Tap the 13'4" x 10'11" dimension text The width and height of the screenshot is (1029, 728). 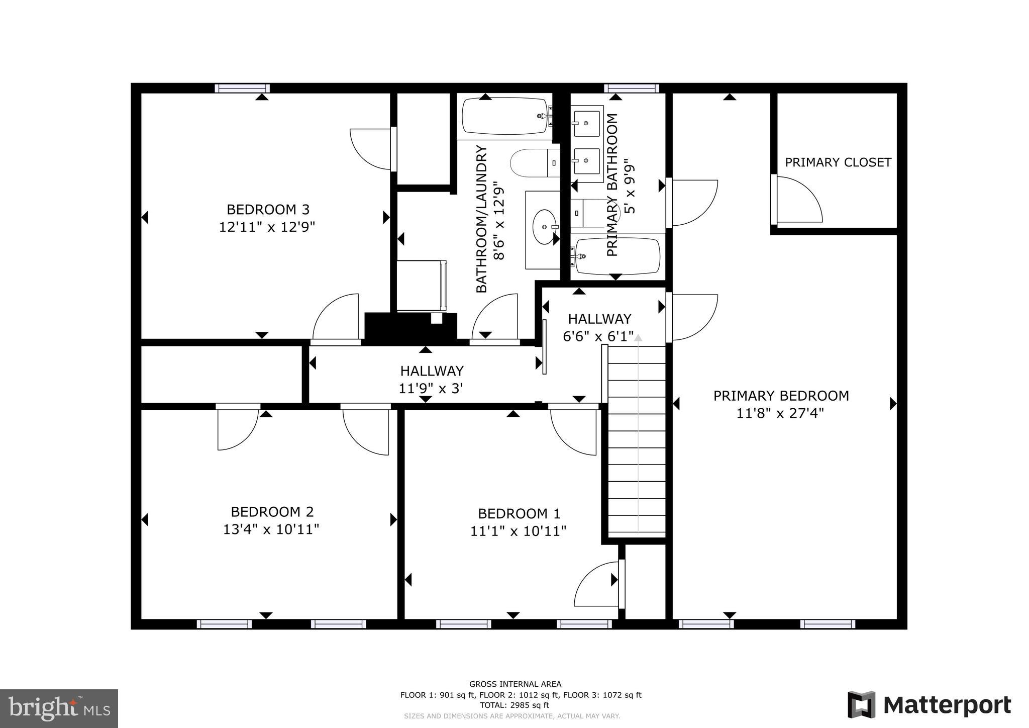click(271, 529)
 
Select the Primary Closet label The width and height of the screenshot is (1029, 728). click(838, 162)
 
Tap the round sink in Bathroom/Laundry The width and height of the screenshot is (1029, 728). click(545, 227)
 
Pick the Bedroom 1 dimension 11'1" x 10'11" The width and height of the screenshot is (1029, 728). click(518, 531)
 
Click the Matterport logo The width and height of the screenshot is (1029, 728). click(929, 705)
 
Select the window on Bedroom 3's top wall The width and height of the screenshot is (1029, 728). click(242, 88)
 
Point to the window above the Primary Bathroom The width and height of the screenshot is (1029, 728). click(631, 88)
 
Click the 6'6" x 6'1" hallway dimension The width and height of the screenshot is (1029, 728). click(598, 336)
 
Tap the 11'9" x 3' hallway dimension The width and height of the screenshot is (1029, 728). click(431, 389)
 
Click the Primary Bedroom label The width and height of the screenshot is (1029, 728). click(781, 396)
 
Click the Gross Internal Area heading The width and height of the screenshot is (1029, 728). click(515, 684)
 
